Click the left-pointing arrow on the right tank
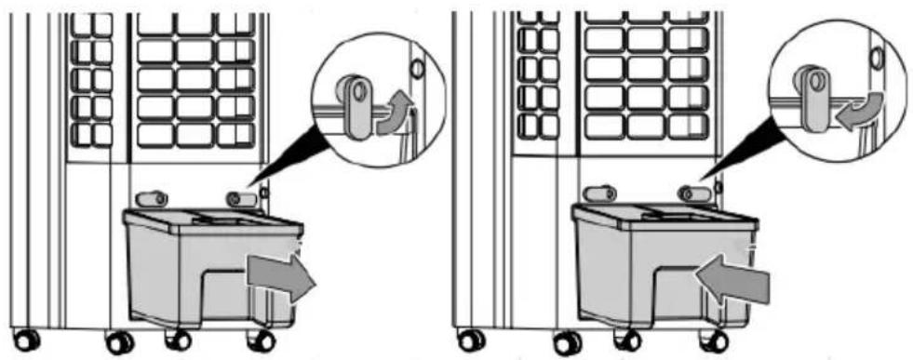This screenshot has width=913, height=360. (732, 276)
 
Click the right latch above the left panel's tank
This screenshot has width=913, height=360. (241, 198)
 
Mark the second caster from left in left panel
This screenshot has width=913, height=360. (119, 341)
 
